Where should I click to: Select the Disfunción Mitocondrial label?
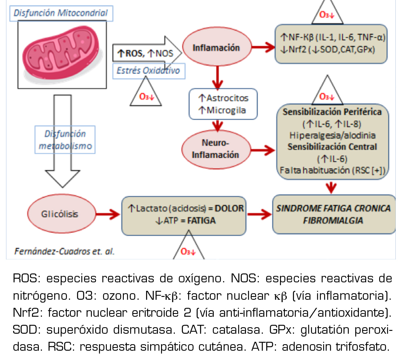[61, 13]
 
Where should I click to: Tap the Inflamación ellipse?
[216, 48]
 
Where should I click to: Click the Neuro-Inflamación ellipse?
[215, 148]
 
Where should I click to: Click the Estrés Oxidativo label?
[148, 71]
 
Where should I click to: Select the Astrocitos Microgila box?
[223, 104]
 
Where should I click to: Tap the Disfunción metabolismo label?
[65, 140]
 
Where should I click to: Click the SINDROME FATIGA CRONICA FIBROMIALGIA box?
[333, 214]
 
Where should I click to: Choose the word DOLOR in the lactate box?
[229, 208]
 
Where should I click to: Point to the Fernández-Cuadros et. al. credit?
[65, 251]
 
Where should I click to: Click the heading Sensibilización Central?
[332, 146]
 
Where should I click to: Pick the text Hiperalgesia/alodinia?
[333, 135]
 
